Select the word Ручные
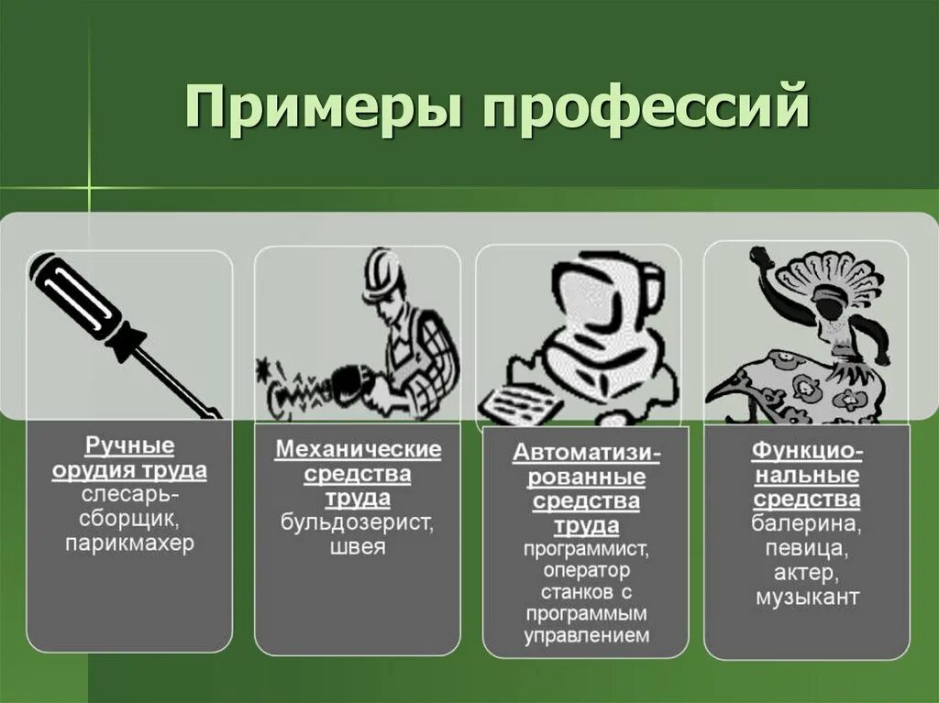tap(129, 446)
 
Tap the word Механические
tap(358, 450)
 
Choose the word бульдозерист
tap(358, 523)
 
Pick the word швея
tap(358, 548)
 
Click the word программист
tap(587, 550)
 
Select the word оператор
tap(587, 571)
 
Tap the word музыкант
tap(807, 598)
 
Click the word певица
tap(807, 549)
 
